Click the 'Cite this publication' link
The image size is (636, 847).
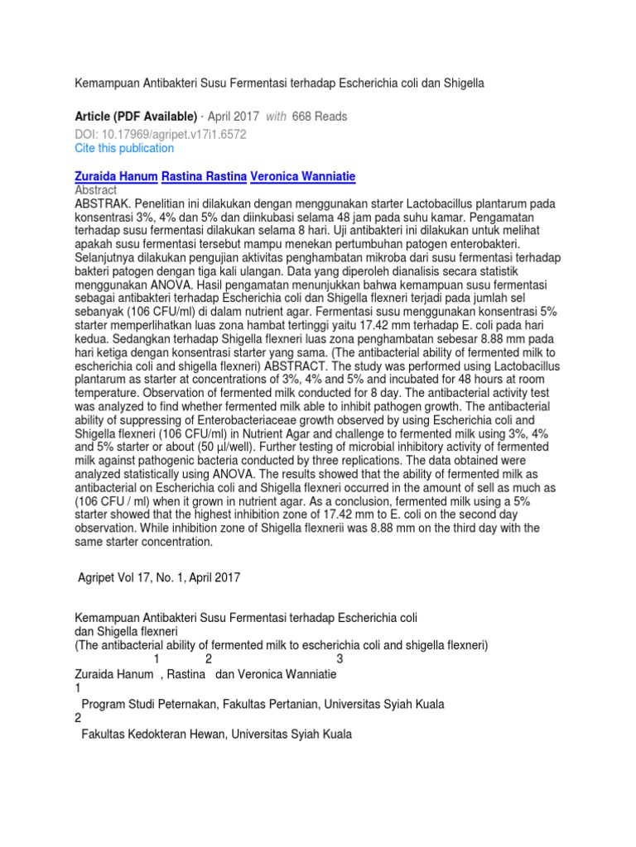tap(125, 149)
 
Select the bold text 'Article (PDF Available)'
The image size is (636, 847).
tap(137, 117)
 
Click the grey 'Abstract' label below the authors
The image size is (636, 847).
tap(97, 190)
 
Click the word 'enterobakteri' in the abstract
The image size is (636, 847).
tap(481, 244)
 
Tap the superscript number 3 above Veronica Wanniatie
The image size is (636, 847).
tap(340, 658)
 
